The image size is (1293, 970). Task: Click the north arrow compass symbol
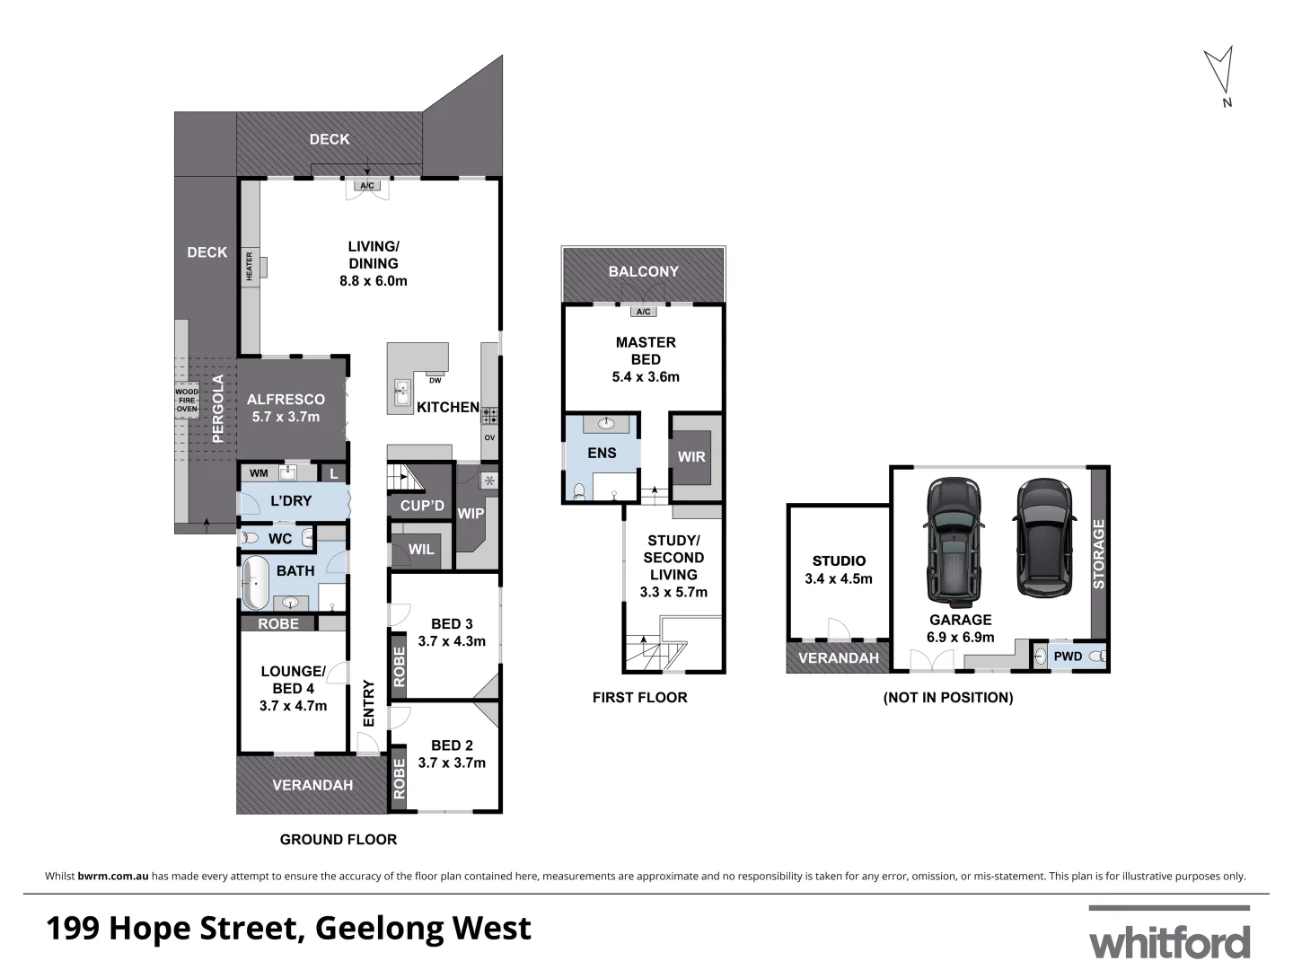[x=1218, y=72]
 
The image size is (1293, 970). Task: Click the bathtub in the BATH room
[x=255, y=582]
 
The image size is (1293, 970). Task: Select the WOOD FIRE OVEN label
[x=187, y=401]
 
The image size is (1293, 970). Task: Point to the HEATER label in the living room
[x=250, y=266]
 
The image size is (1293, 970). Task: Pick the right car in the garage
[x=1043, y=539]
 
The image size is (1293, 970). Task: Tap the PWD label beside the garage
[x=1068, y=657]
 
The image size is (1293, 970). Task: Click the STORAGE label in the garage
[x=1098, y=554]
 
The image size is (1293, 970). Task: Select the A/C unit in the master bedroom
[x=643, y=313]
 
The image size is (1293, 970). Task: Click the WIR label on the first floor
[x=691, y=456]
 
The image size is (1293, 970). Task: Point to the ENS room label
[x=602, y=453]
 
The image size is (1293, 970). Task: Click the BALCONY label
[x=643, y=271]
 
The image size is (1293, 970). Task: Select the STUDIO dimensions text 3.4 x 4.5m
[x=839, y=578]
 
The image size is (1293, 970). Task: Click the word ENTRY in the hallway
[x=369, y=702]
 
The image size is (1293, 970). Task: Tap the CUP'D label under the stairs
[x=422, y=506]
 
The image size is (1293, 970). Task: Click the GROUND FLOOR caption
[x=339, y=840]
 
